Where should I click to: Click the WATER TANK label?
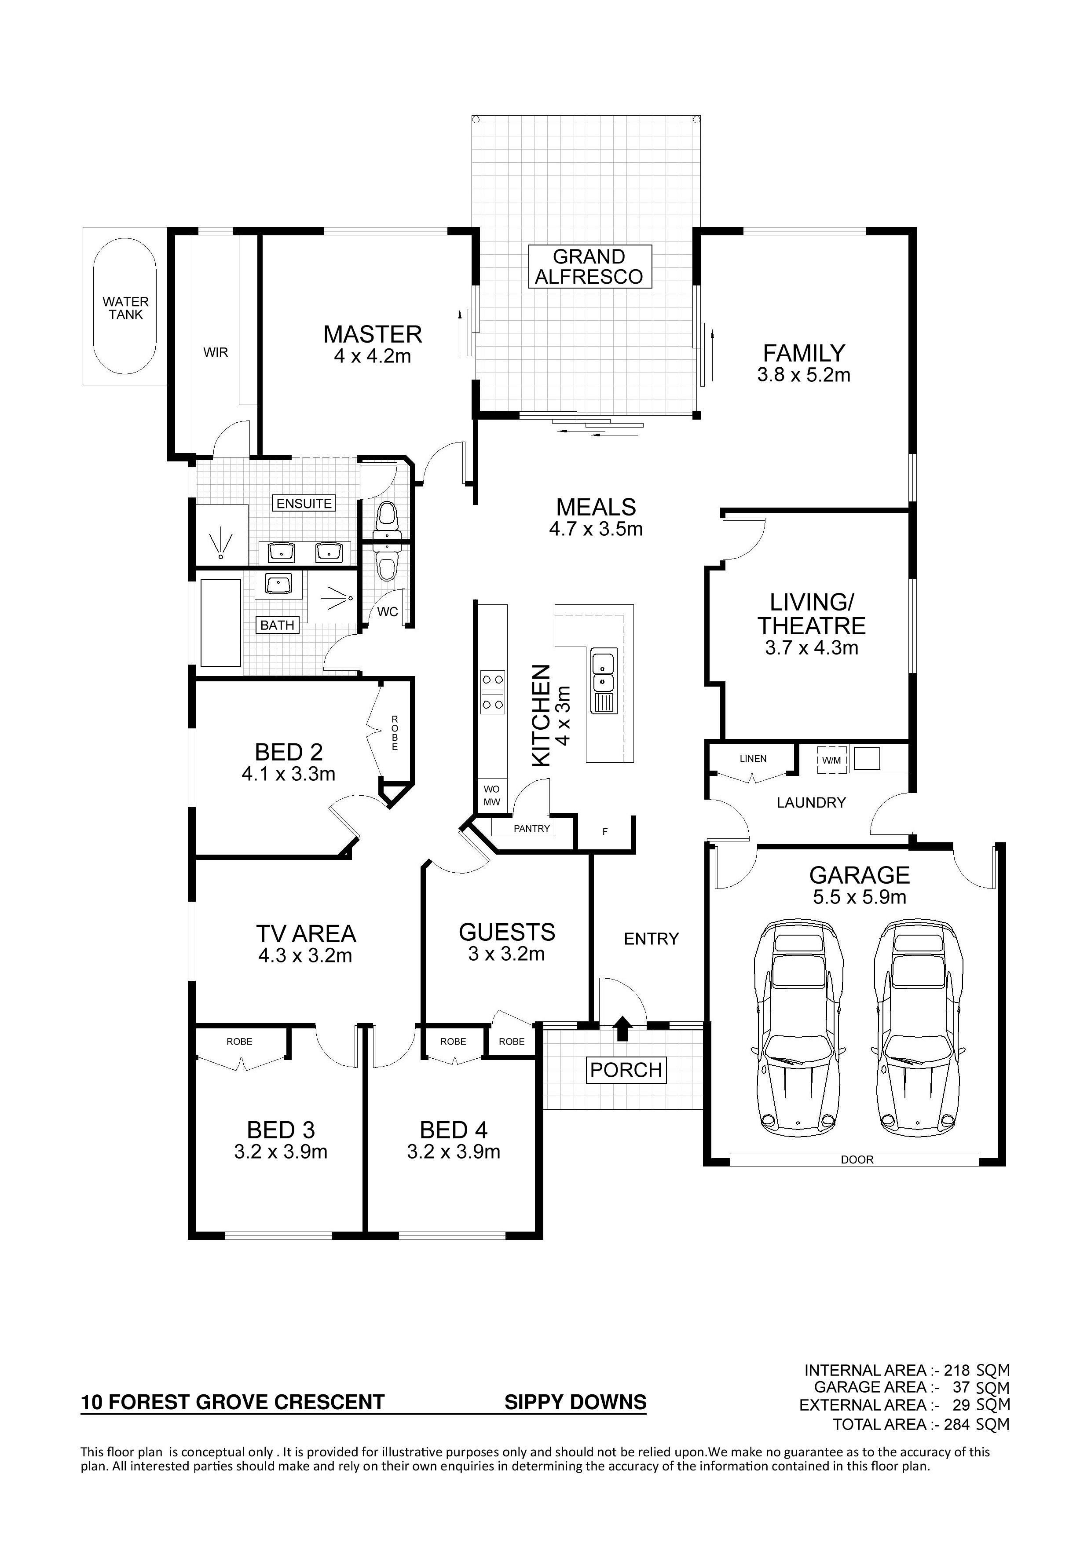coord(126,308)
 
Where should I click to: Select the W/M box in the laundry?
coord(831,760)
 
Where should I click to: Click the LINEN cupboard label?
coord(753,759)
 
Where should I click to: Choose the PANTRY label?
coord(532,829)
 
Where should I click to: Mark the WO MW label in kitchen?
coord(491,796)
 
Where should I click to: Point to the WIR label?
coord(216,352)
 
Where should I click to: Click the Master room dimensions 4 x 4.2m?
coord(373,356)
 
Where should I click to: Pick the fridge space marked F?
coord(605,832)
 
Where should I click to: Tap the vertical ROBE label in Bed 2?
coord(395,733)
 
